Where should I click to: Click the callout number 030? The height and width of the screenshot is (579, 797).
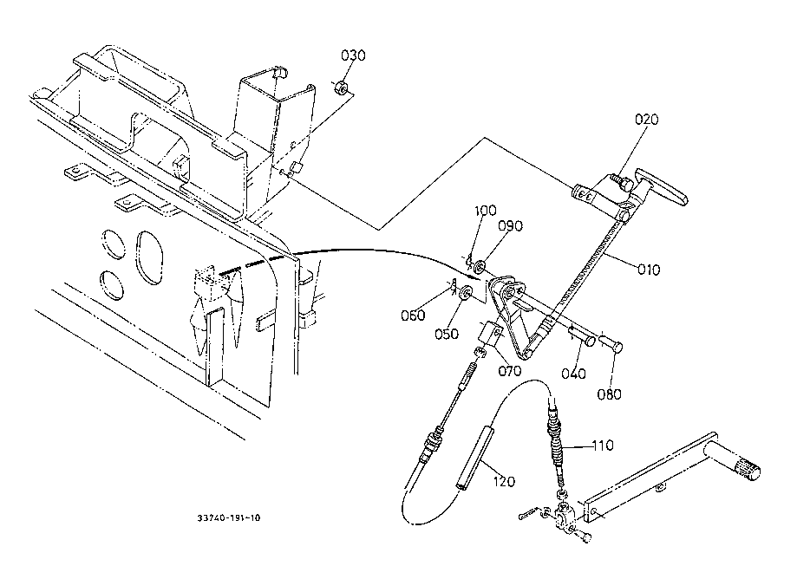point(353,55)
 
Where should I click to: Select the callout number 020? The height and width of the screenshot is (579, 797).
point(646,120)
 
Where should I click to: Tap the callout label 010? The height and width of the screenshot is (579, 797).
point(647,270)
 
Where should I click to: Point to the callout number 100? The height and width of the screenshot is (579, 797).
point(487,211)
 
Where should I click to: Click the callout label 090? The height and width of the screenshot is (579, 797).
point(511,227)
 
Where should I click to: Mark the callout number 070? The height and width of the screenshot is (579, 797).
point(509,371)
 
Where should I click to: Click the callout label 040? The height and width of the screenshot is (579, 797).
point(573,374)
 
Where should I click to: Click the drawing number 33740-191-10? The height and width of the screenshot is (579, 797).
point(228,518)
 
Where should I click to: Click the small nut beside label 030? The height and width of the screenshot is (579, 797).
point(341,88)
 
